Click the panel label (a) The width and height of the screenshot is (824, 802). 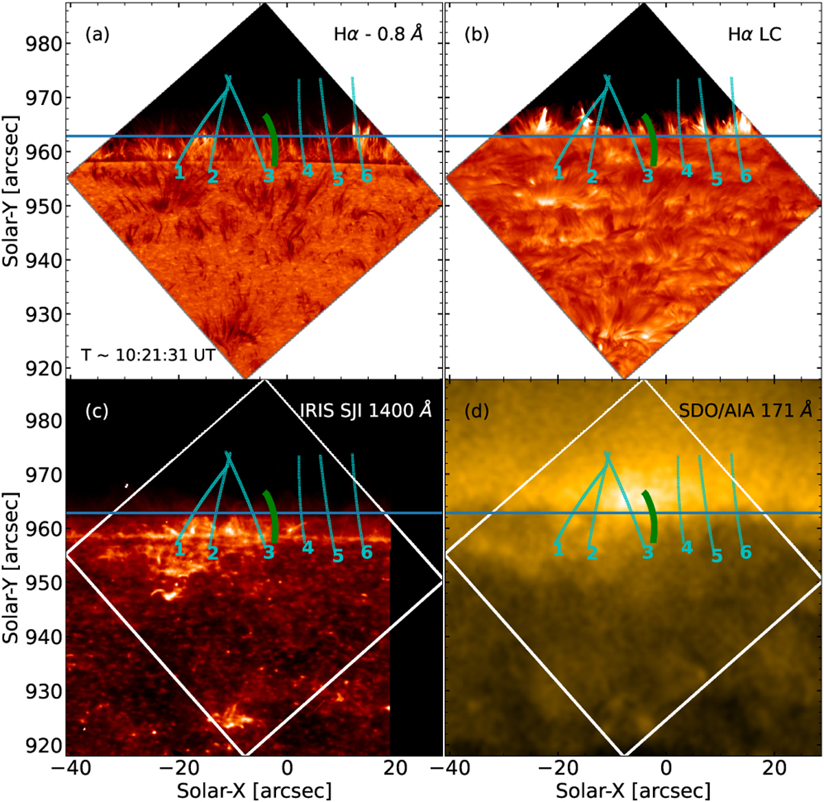click(x=98, y=35)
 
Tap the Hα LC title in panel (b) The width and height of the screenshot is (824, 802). click(x=755, y=35)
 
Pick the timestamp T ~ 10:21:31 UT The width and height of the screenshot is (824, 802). click(x=148, y=355)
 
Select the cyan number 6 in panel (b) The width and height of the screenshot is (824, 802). click(x=746, y=175)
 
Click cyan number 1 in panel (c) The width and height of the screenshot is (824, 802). click(x=180, y=549)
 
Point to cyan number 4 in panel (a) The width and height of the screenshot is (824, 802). click(x=308, y=171)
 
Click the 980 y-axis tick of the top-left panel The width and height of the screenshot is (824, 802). click(x=43, y=44)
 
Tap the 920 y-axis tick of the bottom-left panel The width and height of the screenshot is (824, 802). click(x=43, y=745)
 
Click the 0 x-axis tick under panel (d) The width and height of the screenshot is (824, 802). click(x=667, y=767)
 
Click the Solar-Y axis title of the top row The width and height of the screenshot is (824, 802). click(x=11, y=191)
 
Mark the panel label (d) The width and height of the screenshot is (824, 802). click(x=477, y=411)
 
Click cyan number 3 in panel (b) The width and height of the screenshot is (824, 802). click(x=648, y=175)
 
